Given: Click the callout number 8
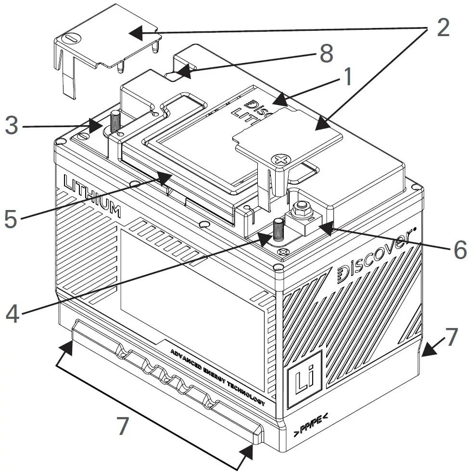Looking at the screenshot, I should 326,53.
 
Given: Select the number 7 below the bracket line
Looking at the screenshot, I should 123,426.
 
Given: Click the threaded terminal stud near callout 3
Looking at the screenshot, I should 115,121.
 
